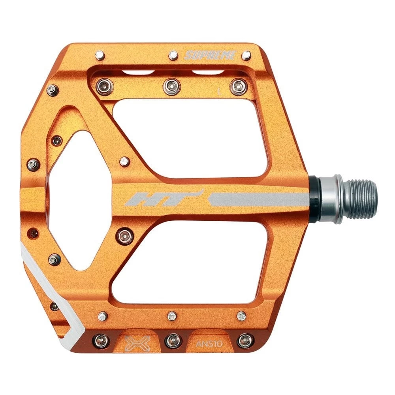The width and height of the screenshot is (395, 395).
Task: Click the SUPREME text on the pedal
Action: (x=210, y=55)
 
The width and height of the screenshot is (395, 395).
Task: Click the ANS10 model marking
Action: (x=209, y=343)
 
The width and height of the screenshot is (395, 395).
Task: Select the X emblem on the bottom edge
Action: (x=137, y=343)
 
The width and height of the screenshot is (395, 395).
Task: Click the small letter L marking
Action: (x=219, y=91)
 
